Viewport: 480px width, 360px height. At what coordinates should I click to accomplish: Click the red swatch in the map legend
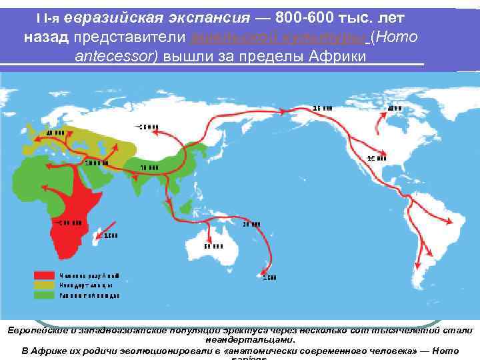(x=45, y=275)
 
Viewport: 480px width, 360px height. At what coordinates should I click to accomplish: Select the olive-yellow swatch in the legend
(x=45, y=284)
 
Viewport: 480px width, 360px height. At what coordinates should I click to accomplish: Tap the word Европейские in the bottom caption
(x=33, y=330)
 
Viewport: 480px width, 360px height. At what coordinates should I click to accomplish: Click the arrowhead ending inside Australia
(x=211, y=239)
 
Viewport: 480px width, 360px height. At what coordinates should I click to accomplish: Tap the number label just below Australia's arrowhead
(x=213, y=249)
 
